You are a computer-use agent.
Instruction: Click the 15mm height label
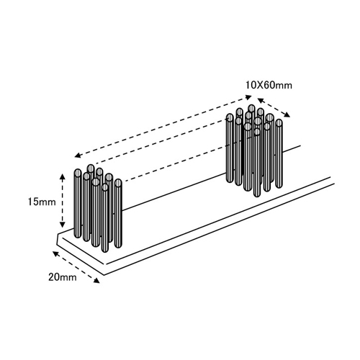42,202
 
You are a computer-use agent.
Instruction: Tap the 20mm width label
63,277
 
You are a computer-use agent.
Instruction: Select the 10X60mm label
269,85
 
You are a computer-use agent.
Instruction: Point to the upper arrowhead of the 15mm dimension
63,177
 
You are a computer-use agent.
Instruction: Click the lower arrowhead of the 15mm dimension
63,225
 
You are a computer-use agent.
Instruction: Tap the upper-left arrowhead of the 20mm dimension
55,253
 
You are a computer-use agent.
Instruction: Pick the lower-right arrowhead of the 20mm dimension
96,281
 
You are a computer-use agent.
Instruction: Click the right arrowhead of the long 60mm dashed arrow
248,97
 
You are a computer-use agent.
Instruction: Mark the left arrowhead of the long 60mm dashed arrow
78,156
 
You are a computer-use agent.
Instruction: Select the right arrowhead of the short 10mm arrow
287,115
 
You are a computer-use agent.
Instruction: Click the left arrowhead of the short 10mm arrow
261,100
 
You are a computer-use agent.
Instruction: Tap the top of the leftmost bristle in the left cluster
78,173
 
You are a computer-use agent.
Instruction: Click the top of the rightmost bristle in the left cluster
118,183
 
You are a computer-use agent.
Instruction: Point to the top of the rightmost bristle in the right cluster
279,122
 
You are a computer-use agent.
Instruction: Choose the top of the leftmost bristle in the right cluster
230,117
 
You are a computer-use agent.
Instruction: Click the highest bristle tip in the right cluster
251,108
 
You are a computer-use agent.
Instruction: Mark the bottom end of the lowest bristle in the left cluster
105,251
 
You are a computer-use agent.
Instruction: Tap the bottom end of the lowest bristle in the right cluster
257,195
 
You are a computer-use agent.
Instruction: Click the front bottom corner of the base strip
104,275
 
